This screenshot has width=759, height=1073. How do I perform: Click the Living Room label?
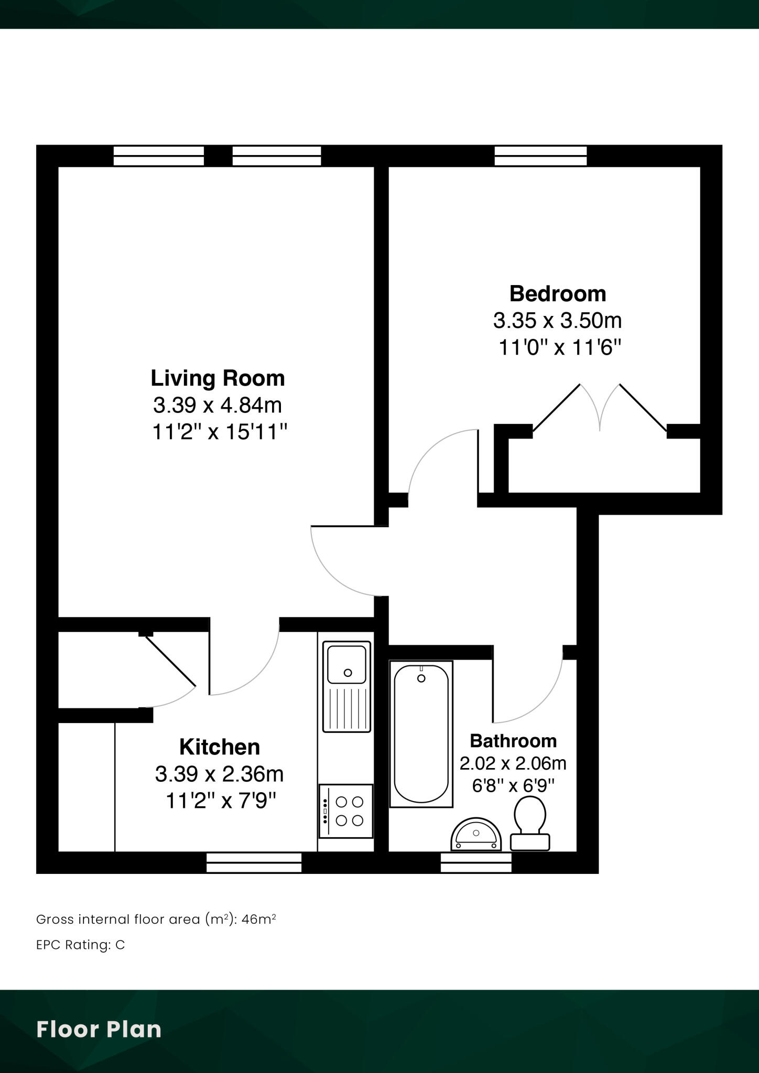tap(218, 378)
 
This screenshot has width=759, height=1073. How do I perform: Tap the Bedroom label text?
tap(557, 293)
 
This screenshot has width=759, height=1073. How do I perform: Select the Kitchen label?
tap(220, 747)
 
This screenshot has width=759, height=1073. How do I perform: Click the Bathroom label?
tap(513, 741)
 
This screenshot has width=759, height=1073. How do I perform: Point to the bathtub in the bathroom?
tap(421, 733)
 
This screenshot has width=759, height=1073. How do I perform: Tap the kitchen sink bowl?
tap(346, 664)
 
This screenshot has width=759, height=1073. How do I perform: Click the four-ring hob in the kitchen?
tap(346, 811)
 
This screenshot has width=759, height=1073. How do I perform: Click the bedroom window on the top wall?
tap(540, 156)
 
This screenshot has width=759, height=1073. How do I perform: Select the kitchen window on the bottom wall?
tap(254, 862)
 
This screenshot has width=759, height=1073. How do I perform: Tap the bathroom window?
tap(476, 862)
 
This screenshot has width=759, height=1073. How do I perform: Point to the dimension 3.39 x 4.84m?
tap(218, 405)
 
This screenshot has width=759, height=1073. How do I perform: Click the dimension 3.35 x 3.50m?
tap(557, 320)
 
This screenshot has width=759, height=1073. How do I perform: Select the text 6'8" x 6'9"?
tap(513, 786)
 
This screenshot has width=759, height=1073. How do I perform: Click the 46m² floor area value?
tap(258, 919)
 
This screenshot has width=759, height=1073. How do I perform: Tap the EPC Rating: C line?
tap(80, 945)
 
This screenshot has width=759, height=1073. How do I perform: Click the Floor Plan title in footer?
tap(99, 1029)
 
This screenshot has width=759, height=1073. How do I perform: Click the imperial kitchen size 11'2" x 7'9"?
tap(221, 801)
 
